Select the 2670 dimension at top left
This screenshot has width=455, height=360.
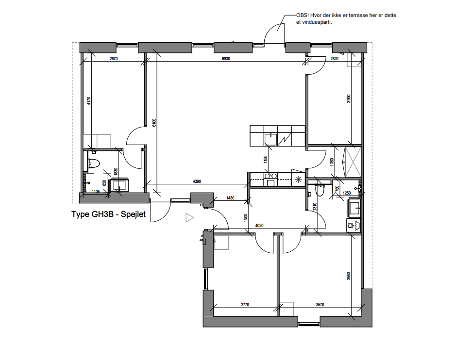114,59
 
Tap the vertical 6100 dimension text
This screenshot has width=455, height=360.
154,122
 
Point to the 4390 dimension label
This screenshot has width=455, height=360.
196,181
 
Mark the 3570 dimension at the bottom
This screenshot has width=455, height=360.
320,305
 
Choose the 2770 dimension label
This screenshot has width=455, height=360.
245,305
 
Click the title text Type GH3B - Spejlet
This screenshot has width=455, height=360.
109,214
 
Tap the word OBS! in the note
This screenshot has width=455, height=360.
303,16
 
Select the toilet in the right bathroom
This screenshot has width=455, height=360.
319,191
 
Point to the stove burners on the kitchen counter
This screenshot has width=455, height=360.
270,176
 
